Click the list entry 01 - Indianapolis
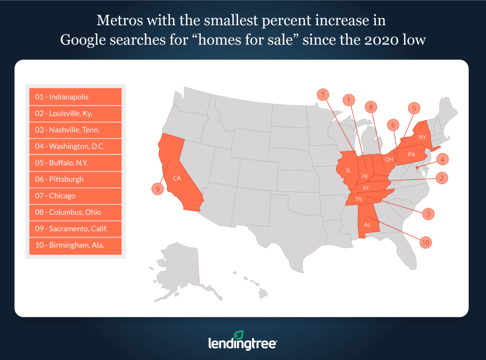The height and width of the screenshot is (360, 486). pos(75,97)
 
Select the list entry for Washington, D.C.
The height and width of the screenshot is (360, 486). pos(75,146)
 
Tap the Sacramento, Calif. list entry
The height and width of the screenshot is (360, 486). pos(75,228)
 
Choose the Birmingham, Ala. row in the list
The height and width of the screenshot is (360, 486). pos(75,245)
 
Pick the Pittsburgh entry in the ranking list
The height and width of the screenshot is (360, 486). pos(75,179)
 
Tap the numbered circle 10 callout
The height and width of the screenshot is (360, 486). pos(426,242)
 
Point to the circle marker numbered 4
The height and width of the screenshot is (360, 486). pos(441,159)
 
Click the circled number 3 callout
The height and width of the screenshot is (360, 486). pos(428,214)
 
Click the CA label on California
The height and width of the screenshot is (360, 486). pos(177,179)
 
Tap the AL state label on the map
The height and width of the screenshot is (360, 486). pos(367,225)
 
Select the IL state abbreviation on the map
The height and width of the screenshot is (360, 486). pos(348,170)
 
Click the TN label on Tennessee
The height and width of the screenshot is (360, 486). pos(359,199)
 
